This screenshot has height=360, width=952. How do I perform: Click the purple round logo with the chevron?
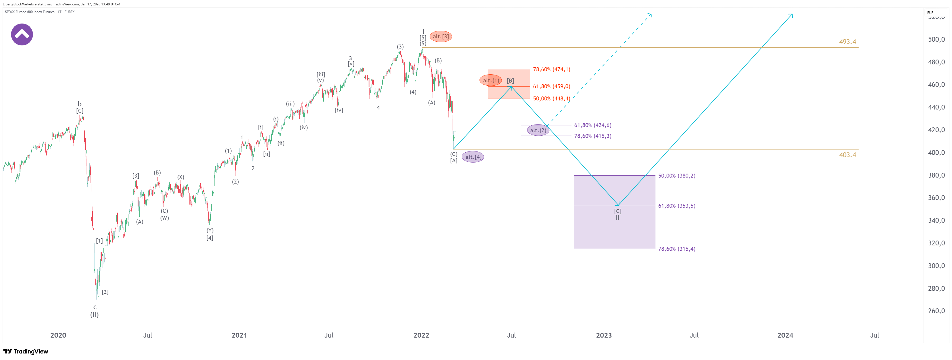click(22, 34)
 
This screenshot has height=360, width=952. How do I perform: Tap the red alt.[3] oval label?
click(440, 36)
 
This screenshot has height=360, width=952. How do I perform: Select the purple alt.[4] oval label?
click(473, 157)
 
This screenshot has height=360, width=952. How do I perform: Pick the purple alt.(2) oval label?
click(538, 130)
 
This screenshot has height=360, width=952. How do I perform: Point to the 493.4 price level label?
click(847, 42)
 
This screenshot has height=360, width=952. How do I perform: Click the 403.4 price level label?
click(847, 155)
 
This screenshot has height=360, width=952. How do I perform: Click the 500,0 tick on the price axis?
click(936, 39)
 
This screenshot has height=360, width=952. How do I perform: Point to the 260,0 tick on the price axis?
click(936, 311)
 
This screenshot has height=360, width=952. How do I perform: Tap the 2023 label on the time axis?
click(604, 335)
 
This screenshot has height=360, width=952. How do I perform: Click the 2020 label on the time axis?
click(58, 335)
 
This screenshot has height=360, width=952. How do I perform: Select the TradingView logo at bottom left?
click(26, 351)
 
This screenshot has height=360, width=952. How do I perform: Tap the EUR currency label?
click(930, 12)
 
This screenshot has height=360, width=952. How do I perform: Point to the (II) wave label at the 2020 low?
click(94, 315)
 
